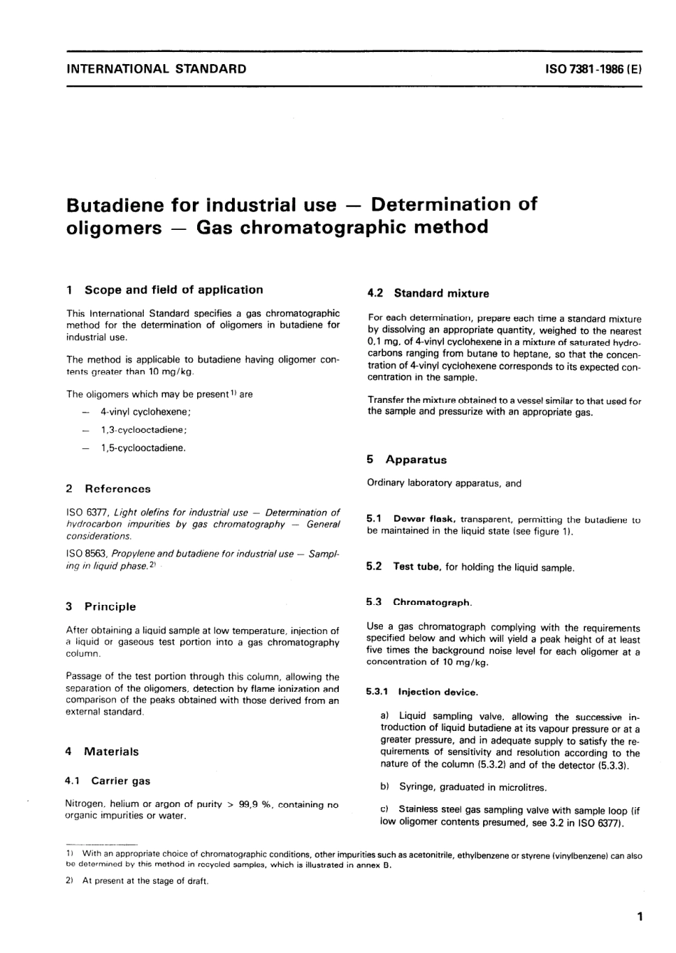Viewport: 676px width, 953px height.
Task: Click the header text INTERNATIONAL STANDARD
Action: [156, 69]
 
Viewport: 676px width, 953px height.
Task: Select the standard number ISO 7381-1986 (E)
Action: [593, 70]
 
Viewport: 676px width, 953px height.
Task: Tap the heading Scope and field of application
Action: [173, 290]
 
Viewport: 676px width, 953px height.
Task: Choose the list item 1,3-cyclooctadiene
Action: [144, 430]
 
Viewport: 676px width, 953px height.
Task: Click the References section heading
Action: [117, 489]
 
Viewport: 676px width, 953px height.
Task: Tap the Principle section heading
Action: [110, 607]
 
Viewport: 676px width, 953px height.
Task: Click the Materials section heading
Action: [111, 752]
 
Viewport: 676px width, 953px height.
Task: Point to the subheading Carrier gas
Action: [120, 781]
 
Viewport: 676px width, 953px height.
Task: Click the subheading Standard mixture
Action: [441, 293]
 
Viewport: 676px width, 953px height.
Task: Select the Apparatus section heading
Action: [416, 460]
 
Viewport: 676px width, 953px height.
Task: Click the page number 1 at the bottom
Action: [640, 917]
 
